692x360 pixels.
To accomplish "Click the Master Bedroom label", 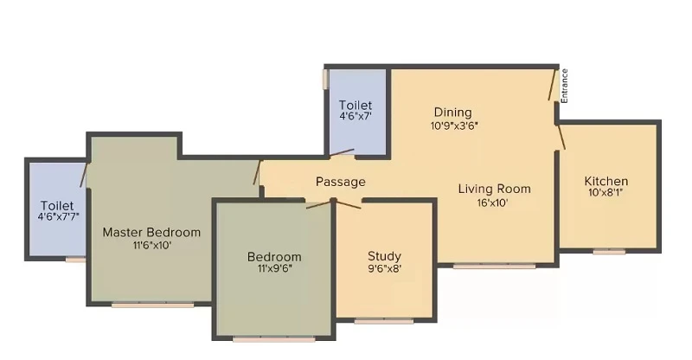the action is coord(151,232).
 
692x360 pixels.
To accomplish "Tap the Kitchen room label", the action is coord(606,181).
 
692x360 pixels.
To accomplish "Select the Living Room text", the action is coord(494,189).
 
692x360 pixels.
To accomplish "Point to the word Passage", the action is coord(341,182).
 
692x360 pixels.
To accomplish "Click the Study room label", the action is coord(384,256).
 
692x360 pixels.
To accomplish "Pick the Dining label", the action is coord(452,112).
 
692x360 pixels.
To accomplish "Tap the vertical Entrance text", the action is coord(564,87).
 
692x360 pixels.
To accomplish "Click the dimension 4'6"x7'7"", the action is coord(59,216).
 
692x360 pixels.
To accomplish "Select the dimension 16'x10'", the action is coord(492,202).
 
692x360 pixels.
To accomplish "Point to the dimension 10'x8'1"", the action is coord(605,193).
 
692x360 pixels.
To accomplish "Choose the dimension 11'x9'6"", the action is coord(275,268).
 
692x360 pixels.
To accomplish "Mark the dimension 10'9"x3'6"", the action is coord(454,125).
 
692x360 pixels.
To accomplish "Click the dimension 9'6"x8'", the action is coord(384,268).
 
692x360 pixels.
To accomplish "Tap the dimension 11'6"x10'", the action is coord(152,245).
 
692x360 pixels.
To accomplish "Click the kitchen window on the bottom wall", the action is coord(609,252).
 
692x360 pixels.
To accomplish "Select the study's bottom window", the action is coord(384,321).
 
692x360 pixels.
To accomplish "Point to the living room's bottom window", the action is coord(494,266).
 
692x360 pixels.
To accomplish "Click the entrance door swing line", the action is coord(552,85).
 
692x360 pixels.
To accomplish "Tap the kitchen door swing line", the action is coord(561,137).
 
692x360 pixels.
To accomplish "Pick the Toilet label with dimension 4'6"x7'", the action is coord(356,105).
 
